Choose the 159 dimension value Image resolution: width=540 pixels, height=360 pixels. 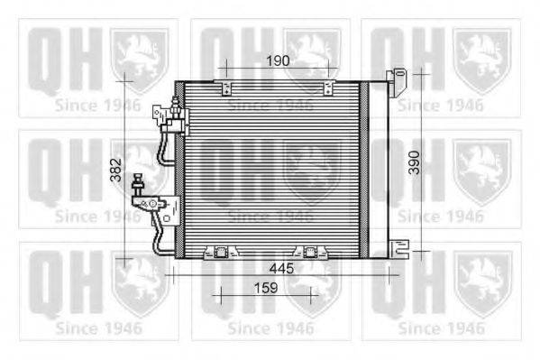pyautogui.click(x=265, y=290)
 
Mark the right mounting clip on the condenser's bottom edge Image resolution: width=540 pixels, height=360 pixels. pyautogui.click(x=311, y=252)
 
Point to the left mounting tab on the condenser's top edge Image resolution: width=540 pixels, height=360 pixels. pyautogui.click(x=224, y=85)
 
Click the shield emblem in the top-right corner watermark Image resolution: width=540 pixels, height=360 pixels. pyautogui.click(x=481, y=56)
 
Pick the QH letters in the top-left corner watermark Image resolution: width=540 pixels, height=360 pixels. pyautogui.click(x=60, y=56)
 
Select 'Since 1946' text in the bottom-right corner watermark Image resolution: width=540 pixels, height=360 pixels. pyautogui.click(x=442, y=327)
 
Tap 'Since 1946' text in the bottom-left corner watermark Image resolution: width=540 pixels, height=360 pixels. pyautogui.click(x=97, y=327)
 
